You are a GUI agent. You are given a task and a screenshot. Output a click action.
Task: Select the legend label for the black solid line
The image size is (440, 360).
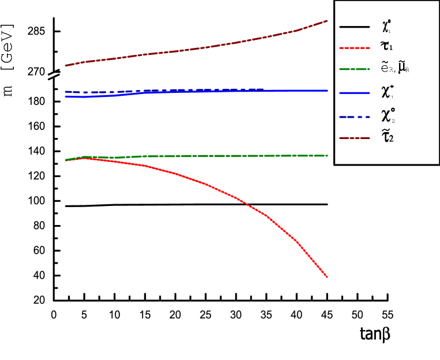pyautogui.click(x=386, y=27)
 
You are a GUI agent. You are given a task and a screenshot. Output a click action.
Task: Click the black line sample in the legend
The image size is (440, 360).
pyautogui.click(x=354, y=27)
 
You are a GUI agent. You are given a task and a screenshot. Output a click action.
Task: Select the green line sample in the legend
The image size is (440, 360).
pyautogui.click(x=354, y=70)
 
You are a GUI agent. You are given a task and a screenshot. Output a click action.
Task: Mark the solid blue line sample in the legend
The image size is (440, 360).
pyautogui.click(x=354, y=93)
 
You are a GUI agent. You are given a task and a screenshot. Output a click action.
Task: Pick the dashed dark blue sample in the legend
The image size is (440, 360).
pyautogui.click(x=354, y=115)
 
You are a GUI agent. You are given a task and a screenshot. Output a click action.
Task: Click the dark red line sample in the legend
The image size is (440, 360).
pyautogui.click(x=354, y=137)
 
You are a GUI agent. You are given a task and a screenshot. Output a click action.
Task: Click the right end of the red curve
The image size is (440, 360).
pyautogui.click(x=328, y=277)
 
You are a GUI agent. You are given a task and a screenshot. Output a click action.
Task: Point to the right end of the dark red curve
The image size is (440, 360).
pyautogui.click(x=328, y=21)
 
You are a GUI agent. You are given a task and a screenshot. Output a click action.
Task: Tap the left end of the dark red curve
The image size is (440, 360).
pyautogui.click(x=65, y=65)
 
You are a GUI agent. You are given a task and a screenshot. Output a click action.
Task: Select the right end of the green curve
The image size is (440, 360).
pyautogui.click(x=328, y=155)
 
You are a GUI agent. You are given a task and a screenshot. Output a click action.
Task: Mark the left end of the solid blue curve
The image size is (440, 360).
pyautogui.click(x=65, y=96)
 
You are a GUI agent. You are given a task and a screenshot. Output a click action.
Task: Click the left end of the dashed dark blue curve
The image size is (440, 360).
pyautogui.click(x=65, y=92)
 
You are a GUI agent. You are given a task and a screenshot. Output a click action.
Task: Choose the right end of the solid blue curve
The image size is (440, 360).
pyautogui.click(x=328, y=91)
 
